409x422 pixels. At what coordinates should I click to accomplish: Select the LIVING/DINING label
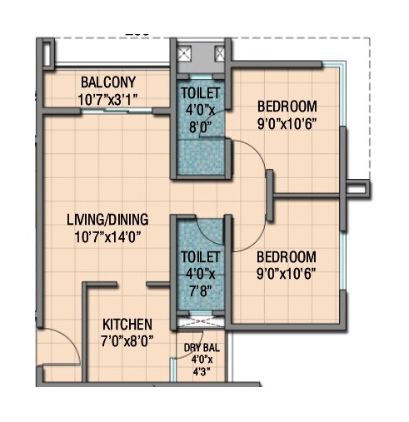coord(107,220)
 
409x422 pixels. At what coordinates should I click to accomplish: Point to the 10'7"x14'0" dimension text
coord(107,236)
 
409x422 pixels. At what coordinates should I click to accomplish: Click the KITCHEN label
coord(127,324)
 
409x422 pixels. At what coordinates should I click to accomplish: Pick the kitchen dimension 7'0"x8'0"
coord(127,340)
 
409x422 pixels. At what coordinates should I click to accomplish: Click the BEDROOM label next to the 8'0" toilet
coord(287,107)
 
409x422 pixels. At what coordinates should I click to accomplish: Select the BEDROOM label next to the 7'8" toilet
coord(287,256)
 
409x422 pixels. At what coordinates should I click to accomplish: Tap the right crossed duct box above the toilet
coord(219,53)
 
